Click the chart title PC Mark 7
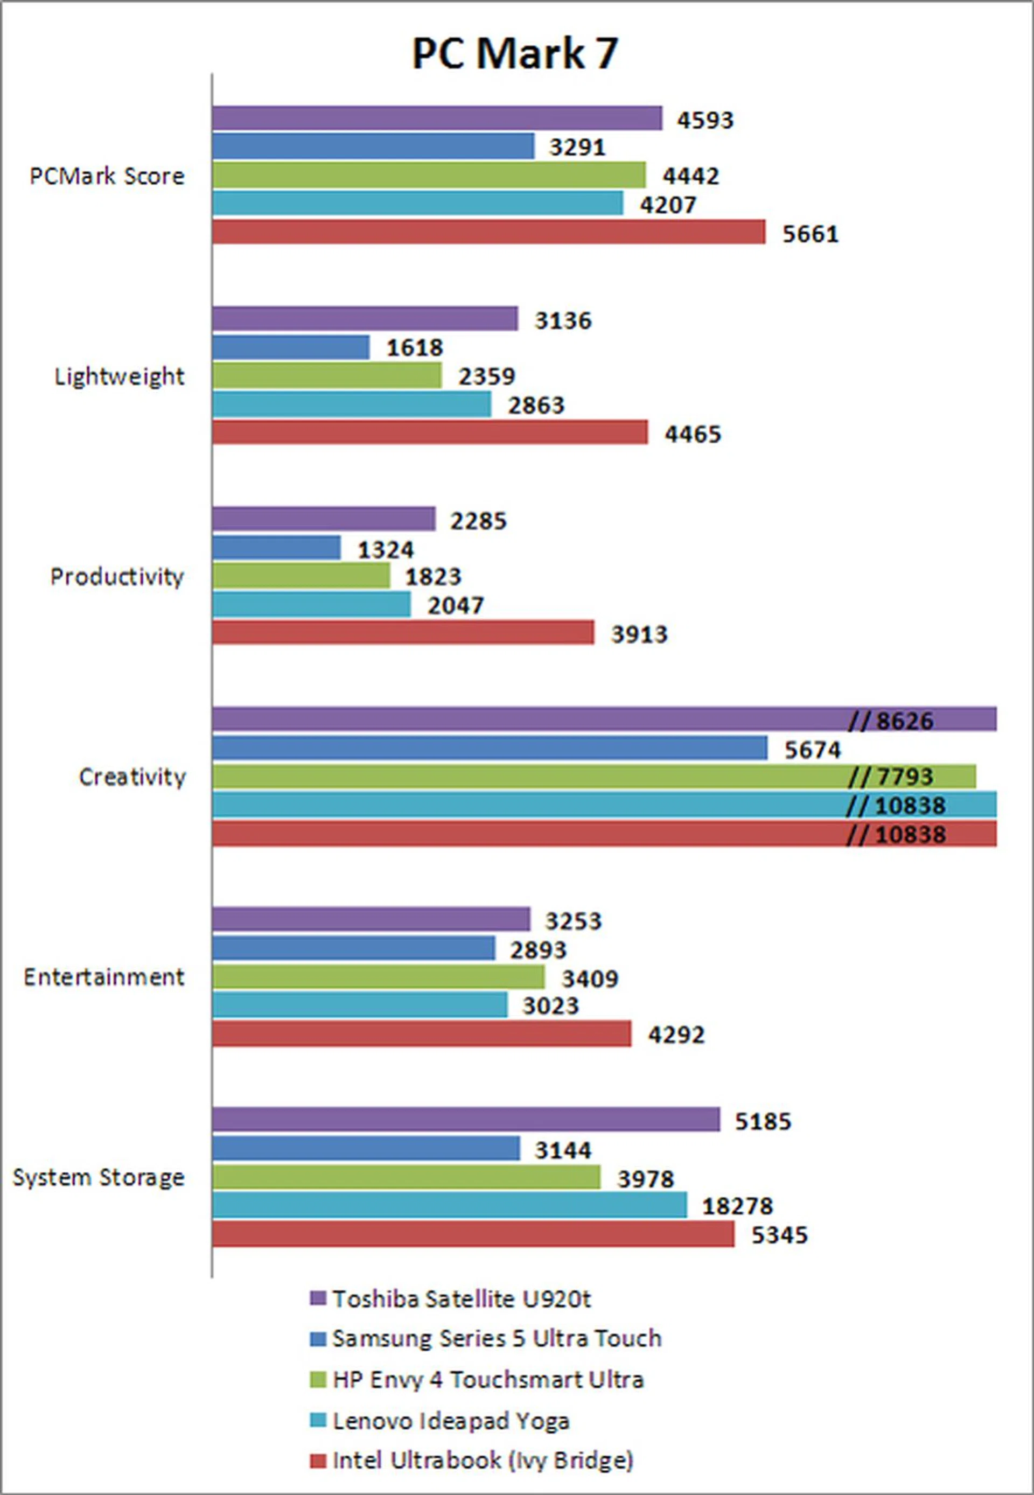click(x=515, y=53)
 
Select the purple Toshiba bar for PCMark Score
click(x=437, y=118)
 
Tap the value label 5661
click(x=811, y=234)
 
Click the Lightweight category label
click(x=119, y=376)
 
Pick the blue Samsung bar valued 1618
click(x=291, y=347)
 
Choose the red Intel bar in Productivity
click(x=403, y=633)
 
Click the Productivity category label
click(x=117, y=576)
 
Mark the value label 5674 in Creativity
click(x=813, y=750)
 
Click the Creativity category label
click(x=132, y=777)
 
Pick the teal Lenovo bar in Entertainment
click(x=360, y=1005)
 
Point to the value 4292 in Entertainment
click(x=676, y=1035)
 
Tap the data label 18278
click(x=737, y=1206)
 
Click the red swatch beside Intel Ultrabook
click(x=317, y=1461)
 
